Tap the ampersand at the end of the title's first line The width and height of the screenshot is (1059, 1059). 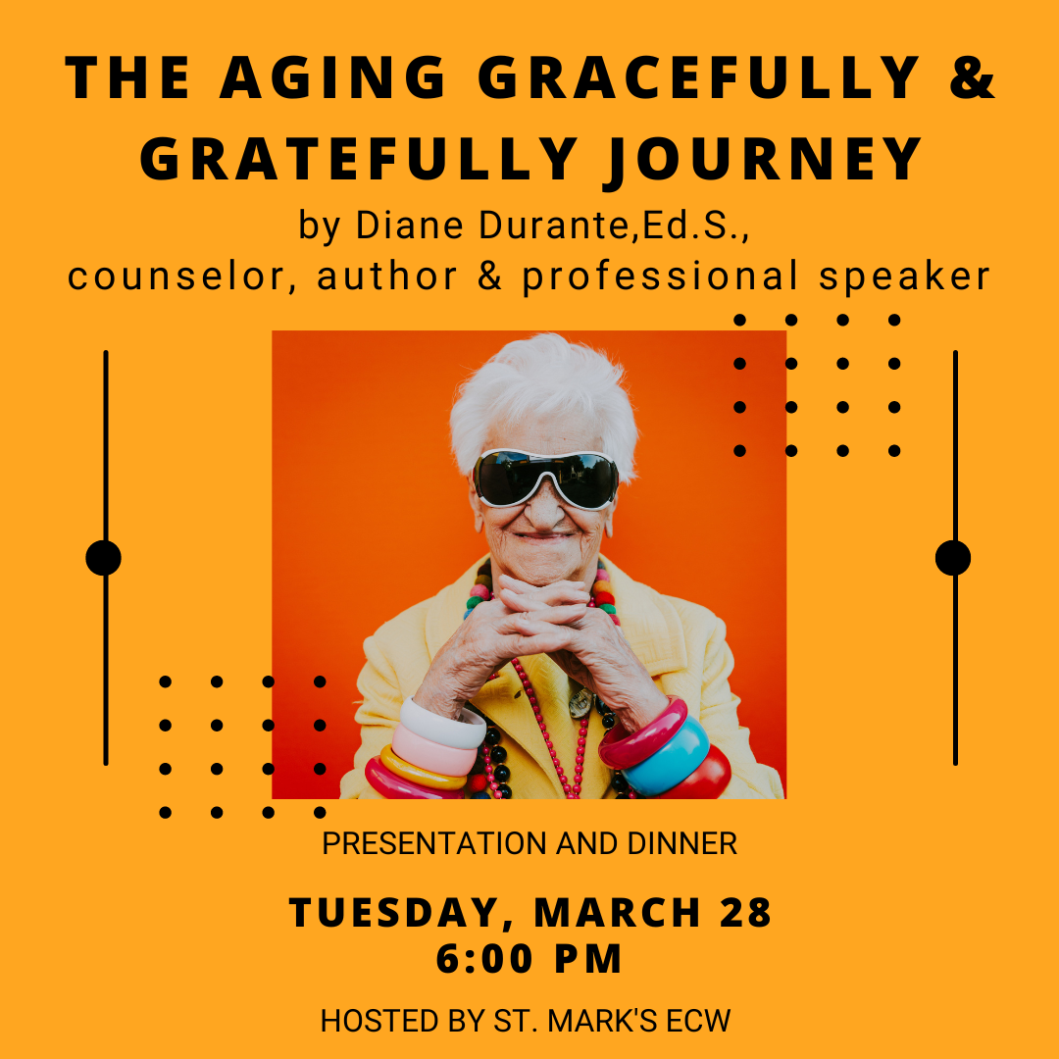click(972, 77)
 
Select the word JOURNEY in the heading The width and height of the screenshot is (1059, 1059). click(763, 160)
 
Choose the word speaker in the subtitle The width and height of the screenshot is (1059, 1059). click(904, 277)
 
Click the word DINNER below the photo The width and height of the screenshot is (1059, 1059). click(682, 843)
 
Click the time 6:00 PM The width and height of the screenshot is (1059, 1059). click(529, 958)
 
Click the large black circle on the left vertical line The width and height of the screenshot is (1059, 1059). click(103, 558)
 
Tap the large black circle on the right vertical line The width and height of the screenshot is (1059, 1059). click(953, 558)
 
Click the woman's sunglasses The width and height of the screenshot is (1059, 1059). click(545, 479)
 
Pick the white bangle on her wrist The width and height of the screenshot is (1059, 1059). click(442, 724)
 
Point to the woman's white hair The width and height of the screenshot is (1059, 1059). click(544, 398)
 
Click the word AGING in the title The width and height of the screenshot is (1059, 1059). click(332, 77)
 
